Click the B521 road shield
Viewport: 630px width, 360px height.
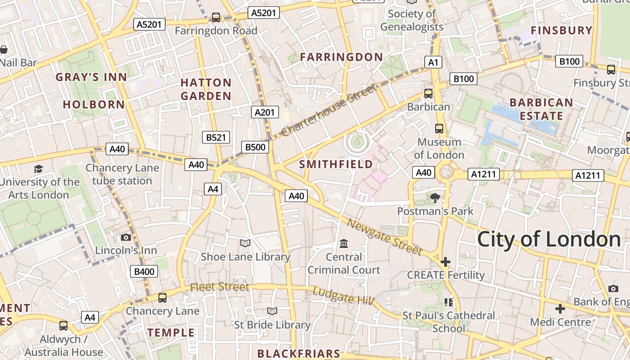click(216, 137)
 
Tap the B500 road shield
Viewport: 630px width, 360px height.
click(256, 147)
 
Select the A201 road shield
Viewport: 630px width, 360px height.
click(265, 112)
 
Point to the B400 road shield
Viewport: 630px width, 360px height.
click(144, 271)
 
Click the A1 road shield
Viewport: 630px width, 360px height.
click(433, 63)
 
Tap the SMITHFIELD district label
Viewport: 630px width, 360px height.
click(336, 164)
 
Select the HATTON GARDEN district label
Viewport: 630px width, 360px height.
click(206, 89)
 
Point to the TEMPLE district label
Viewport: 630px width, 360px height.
click(171, 333)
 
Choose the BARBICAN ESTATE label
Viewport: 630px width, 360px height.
click(541, 109)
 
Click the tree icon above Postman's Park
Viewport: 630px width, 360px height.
click(435, 198)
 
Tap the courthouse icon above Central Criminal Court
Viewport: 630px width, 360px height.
click(344, 244)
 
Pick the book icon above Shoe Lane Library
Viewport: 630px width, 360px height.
click(245, 243)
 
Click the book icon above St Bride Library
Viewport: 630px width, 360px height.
click(272, 311)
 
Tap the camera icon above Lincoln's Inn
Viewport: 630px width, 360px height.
click(126, 237)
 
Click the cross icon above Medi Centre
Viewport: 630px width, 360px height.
click(560, 309)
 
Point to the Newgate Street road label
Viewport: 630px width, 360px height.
click(385, 236)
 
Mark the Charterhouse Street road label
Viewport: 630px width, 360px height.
click(329, 110)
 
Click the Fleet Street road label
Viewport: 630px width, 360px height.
click(219, 287)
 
